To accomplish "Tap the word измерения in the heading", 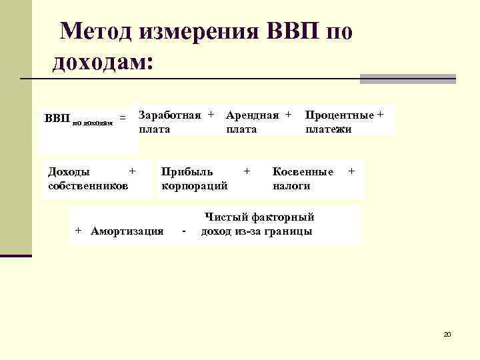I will (x=199, y=31).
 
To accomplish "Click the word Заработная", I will (x=169, y=115).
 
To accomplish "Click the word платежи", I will (x=329, y=129).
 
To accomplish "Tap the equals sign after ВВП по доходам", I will (x=122, y=118).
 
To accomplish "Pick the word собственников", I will (x=89, y=185).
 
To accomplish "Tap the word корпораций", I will (x=195, y=185).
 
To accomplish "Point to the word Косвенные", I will (x=303, y=171).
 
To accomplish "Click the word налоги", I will (x=292, y=185).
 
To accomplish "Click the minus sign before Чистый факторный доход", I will (x=183, y=232).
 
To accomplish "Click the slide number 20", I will (x=447, y=333).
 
